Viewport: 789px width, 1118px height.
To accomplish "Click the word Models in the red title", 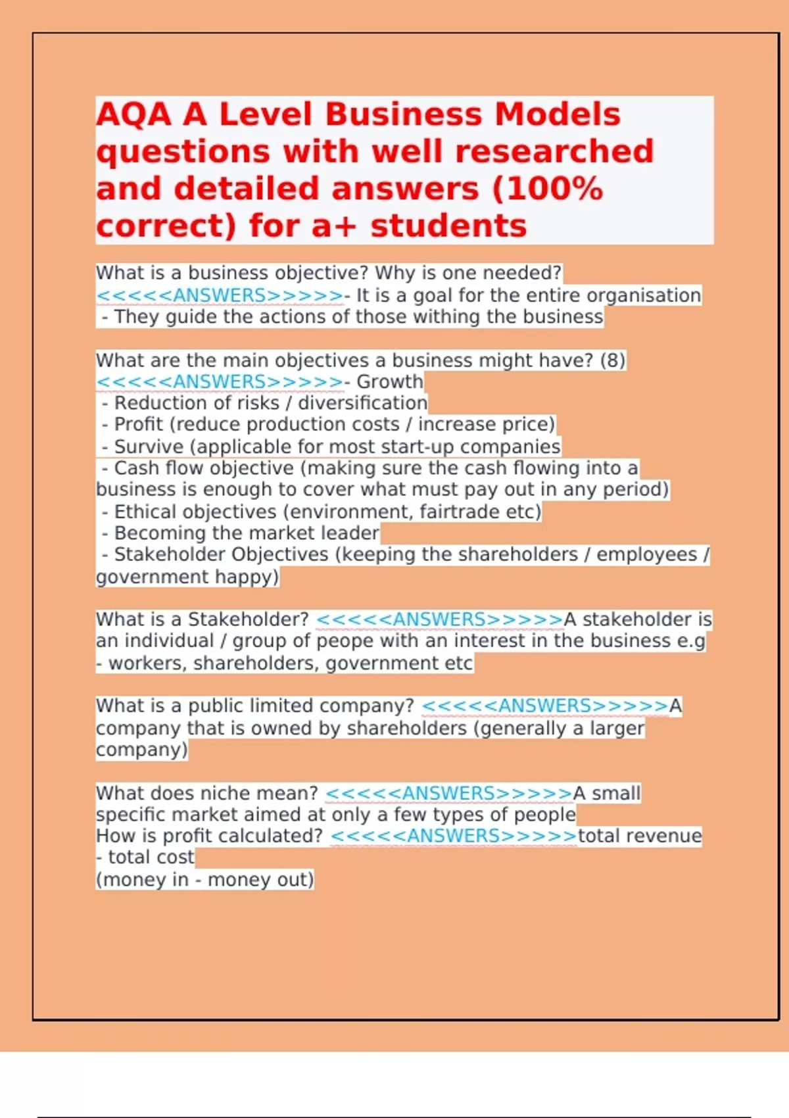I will tap(557, 114).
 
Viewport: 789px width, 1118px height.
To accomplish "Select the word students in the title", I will tap(448, 226).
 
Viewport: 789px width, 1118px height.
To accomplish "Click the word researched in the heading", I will tap(554, 152).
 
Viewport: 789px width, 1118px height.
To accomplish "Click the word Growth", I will tap(389, 381).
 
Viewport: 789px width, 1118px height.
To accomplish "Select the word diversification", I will tap(362, 403).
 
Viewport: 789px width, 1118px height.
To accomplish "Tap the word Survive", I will tap(149, 447).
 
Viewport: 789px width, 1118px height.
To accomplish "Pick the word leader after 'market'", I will tap(352, 533).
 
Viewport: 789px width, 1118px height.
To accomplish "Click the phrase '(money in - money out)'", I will tap(204, 880).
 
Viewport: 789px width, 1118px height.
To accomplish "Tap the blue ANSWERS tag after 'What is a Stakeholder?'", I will tap(439, 620).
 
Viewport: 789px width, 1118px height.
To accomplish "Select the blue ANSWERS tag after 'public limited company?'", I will tap(545, 706).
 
